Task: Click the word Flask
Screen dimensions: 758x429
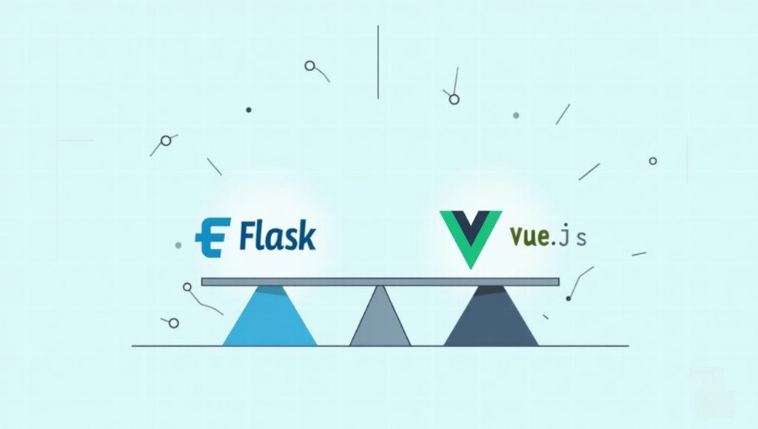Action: click(x=278, y=236)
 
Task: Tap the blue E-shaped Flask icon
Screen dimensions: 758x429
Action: click(x=212, y=238)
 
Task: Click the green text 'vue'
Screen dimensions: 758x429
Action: click(x=529, y=236)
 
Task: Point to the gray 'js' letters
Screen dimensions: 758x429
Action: click(x=575, y=236)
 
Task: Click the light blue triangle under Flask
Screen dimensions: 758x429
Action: click(x=269, y=316)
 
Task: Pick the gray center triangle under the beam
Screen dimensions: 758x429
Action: click(x=380, y=316)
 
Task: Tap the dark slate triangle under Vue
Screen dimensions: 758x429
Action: click(x=491, y=316)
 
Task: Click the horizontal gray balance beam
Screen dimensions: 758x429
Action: click(x=380, y=282)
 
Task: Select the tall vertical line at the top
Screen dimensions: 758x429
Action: click(x=378, y=62)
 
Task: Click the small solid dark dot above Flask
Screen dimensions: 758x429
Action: click(x=249, y=110)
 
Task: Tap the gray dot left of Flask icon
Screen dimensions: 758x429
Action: click(x=178, y=245)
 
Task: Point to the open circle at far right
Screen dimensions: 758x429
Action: click(x=653, y=161)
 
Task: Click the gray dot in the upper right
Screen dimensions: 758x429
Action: click(x=516, y=116)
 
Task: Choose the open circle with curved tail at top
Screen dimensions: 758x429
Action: click(x=310, y=66)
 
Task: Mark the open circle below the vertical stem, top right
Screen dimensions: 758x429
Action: click(x=454, y=99)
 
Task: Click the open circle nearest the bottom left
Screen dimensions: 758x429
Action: click(x=173, y=323)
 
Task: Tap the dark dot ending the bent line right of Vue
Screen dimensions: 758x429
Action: click(x=568, y=299)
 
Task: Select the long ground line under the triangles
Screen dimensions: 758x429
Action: click(x=380, y=346)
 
